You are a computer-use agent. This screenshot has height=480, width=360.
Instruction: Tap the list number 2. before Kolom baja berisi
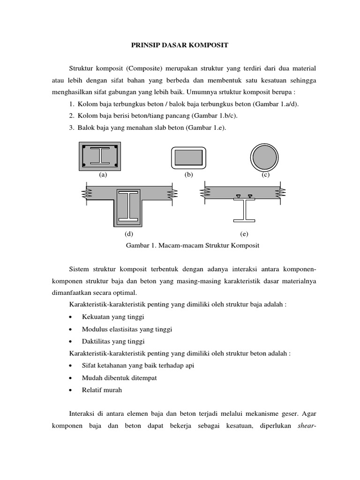pyautogui.click(x=72, y=115)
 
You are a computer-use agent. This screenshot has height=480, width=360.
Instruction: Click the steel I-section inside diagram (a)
pyautogui.click(x=99, y=156)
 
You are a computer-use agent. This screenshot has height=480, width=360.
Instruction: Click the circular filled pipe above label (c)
pyautogui.click(x=265, y=156)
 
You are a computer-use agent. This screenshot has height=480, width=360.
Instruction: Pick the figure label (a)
pyautogui.click(x=103, y=175)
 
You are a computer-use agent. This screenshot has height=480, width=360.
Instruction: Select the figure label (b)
pyautogui.click(x=189, y=175)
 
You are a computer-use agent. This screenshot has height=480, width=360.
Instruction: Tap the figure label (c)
pyautogui.click(x=266, y=175)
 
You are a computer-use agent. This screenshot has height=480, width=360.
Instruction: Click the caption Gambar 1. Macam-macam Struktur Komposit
pyautogui.click(x=192, y=245)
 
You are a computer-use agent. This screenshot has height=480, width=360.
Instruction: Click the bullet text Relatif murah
pyautogui.click(x=102, y=390)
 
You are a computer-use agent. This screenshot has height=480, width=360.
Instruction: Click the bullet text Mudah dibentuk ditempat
pyautogui.click(x=117, y=377)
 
